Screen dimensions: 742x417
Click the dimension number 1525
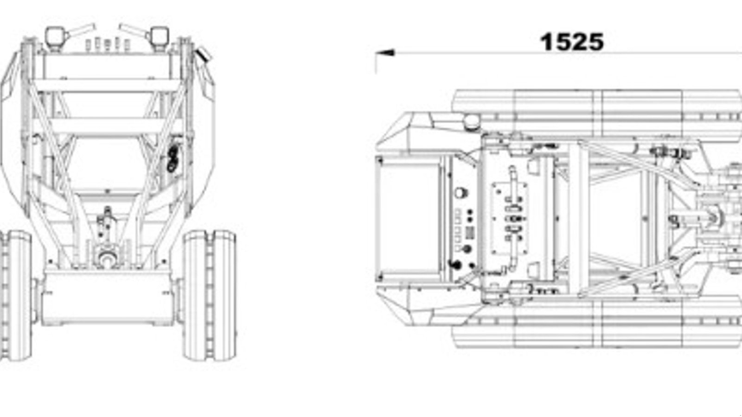coord(572,42)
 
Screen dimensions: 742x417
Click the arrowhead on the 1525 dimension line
coord(385,53)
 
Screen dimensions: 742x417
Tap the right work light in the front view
coord(160,38)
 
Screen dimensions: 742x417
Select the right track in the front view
coord(210,295)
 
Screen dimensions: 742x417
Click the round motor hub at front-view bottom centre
coord(107,258)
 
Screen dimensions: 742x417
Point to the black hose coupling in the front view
coord(173,159)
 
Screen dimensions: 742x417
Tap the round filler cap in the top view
coord(472,122)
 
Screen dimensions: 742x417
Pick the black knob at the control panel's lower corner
coord(455,265)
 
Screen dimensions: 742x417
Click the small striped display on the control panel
coord(470,233)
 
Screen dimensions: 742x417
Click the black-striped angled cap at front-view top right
coord(203,54)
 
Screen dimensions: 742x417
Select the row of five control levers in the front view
coord(108,44)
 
